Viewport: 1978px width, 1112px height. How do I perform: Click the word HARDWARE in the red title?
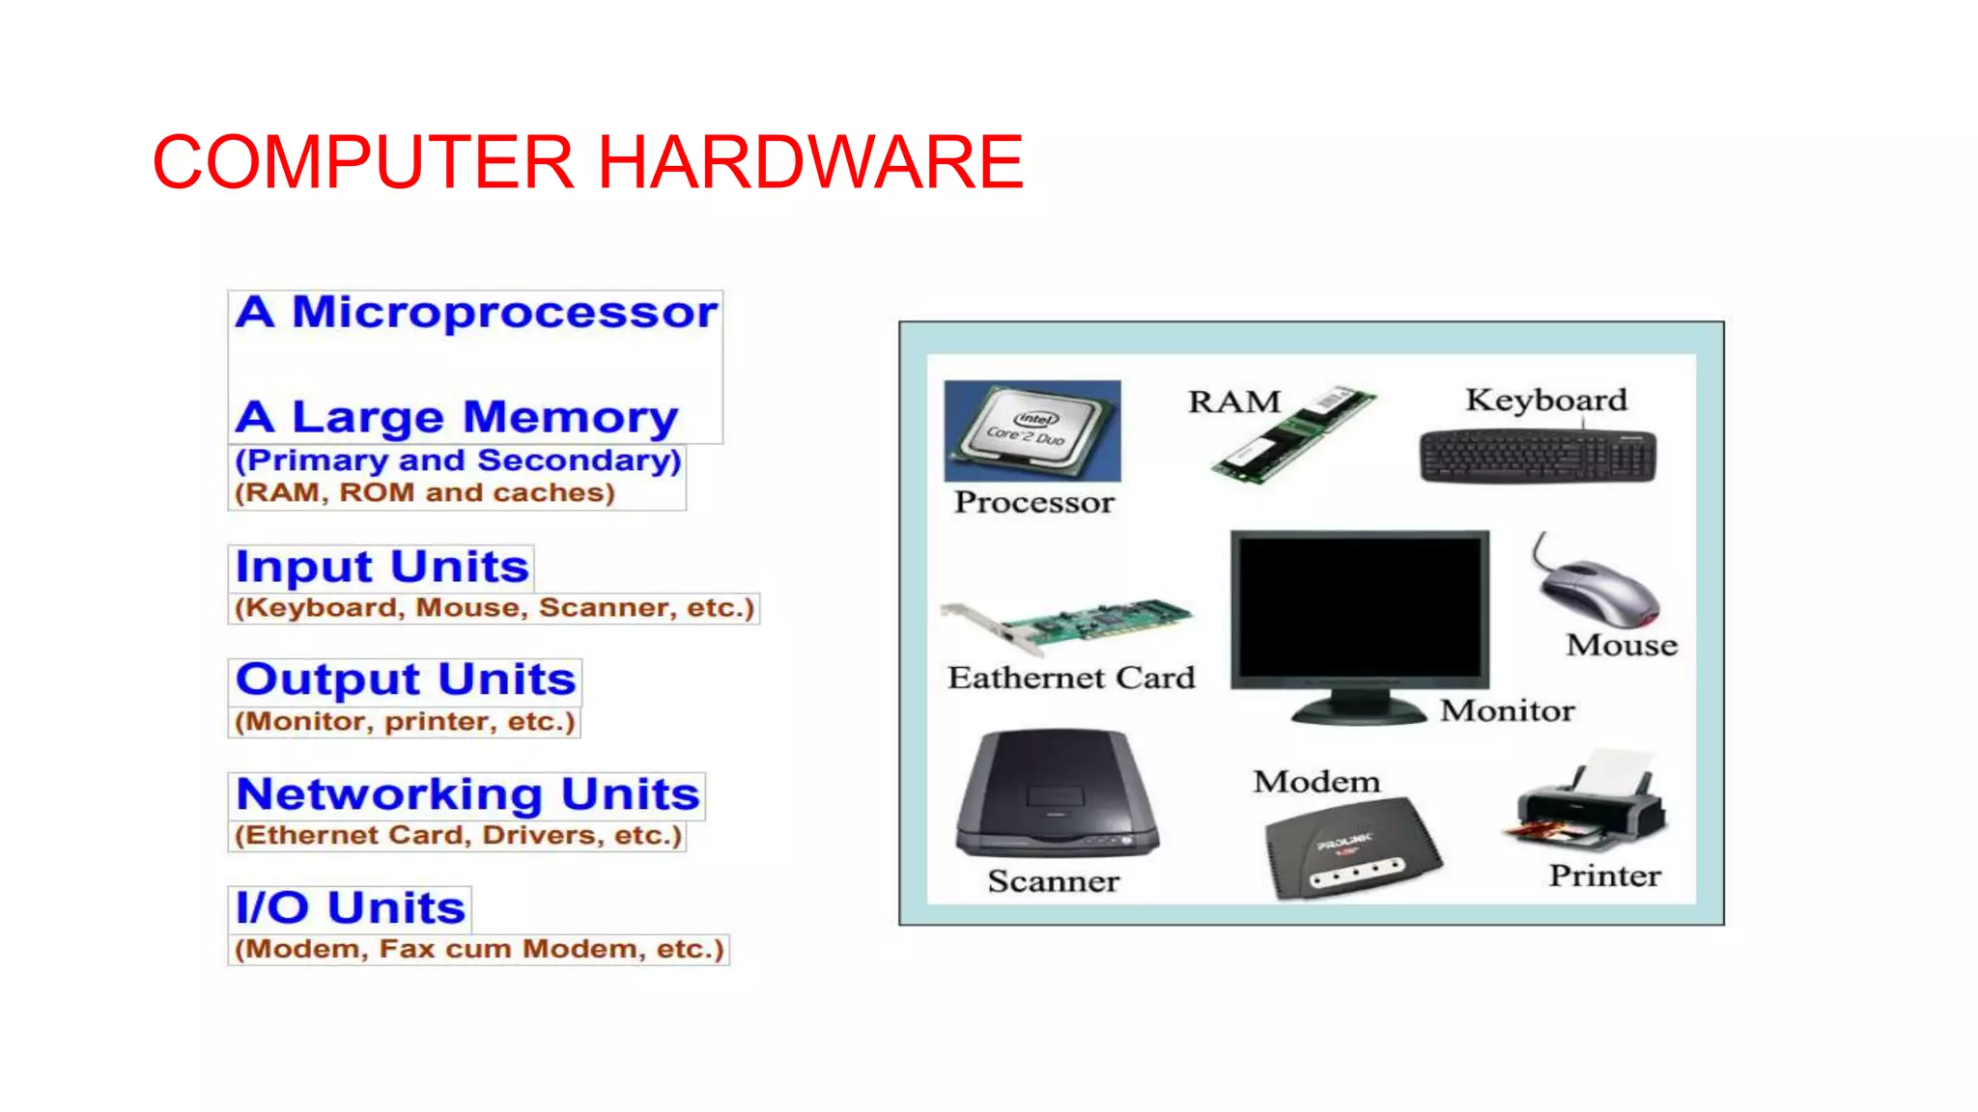[810, 162]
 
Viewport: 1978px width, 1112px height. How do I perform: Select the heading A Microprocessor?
[476, 313]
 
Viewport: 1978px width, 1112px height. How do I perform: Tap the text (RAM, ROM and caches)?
[425, 493]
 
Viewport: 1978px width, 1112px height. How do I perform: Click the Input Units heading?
[381, 568]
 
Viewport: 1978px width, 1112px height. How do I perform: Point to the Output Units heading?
[406, 681]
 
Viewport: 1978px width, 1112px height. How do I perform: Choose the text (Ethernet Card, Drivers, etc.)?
[458, 835]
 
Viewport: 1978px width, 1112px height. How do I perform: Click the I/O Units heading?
[350, 908]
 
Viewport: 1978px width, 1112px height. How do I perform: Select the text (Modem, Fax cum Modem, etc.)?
[479, 950]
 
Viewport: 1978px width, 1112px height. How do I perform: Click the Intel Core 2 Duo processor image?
[1031, 431]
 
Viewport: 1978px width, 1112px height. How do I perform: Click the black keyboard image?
[1538, 456]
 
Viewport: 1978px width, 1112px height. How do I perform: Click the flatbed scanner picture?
[1056, 794]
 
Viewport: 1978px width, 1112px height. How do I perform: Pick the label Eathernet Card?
[1071, 679]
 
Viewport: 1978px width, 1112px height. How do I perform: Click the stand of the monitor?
[1358, 708]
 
